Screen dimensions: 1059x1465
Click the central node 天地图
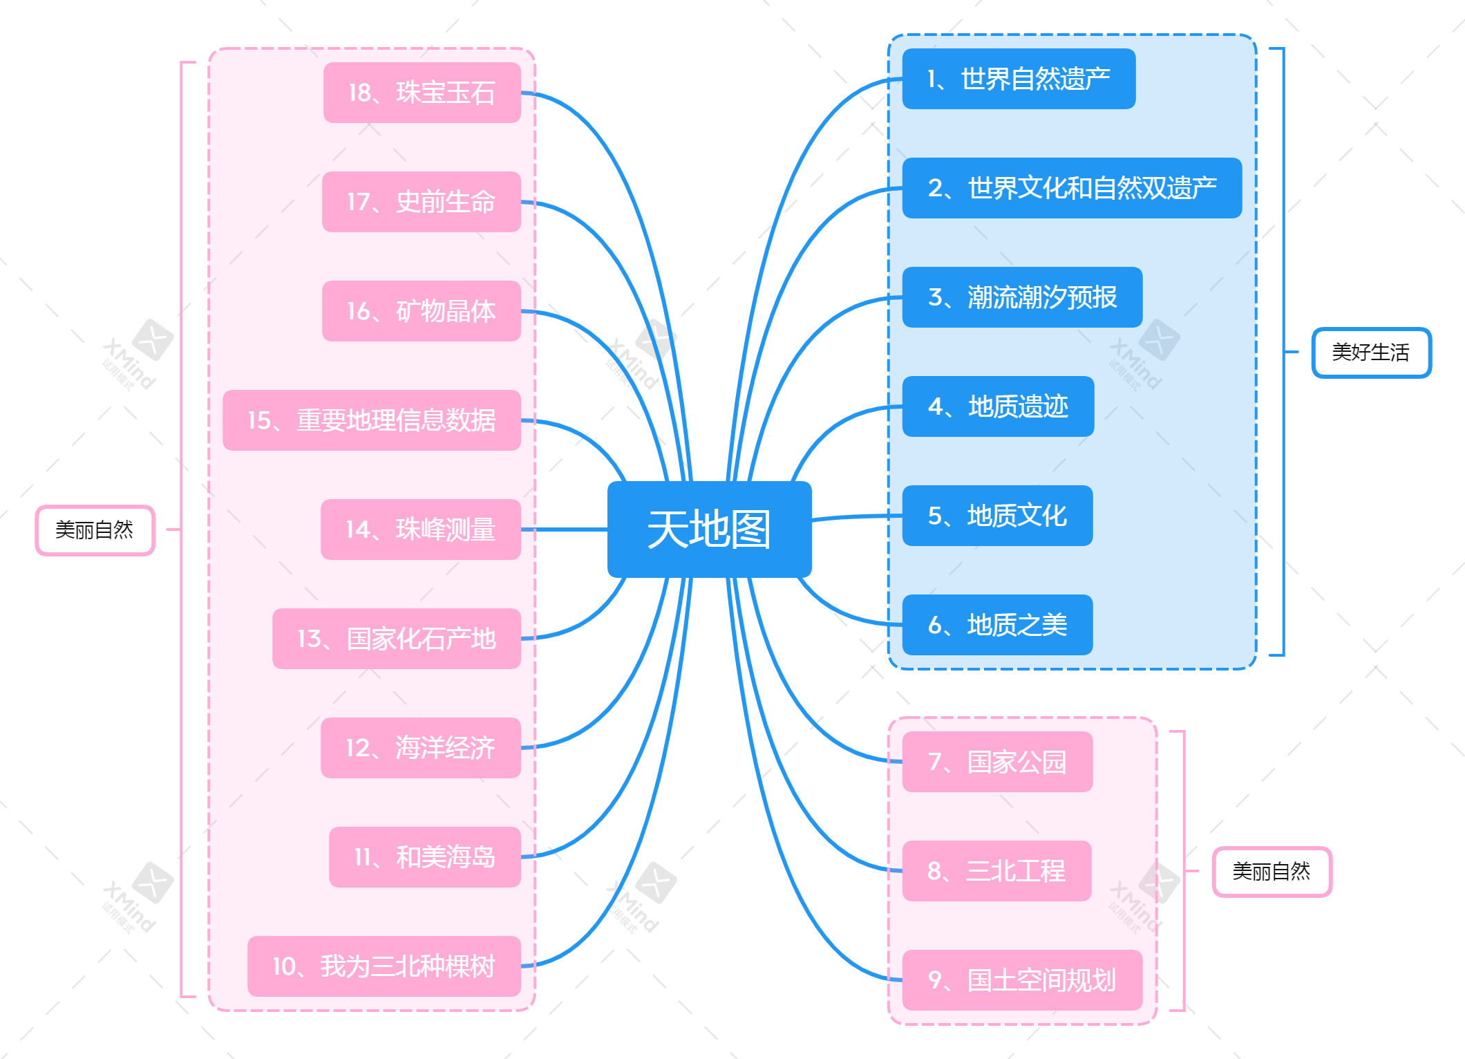[x=709, y=529]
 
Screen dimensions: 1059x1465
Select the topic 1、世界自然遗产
[x=1019, y=79]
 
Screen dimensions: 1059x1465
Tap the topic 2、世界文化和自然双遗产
[x=1072, y=188]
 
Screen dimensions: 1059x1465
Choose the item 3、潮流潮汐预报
[x=1022, y=297]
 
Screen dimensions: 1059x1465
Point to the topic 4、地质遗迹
[x=998, y=406]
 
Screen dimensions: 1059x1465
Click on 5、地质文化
[x=997, y=516]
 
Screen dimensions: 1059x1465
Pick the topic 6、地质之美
[x=997, y=625]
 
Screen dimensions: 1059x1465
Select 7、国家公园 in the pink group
[x=997, y=762]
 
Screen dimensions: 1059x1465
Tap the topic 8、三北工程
[x=996, y=871]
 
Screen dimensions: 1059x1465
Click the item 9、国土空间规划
[x=1021, y=980]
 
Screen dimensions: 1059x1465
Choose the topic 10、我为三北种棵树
[x=384, y=966]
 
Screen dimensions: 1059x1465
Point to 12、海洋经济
[x=420, y=748]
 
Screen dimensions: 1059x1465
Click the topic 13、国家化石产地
[x=397, y=639]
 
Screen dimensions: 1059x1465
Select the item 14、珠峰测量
[x=420, y=529]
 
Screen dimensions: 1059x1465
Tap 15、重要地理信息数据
[x=372, y=420]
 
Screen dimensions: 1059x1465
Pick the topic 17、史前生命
[x=421, y=202]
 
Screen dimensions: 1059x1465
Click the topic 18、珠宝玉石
[x=422, y=93]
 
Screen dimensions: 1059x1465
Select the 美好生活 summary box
[x=1371, y=353]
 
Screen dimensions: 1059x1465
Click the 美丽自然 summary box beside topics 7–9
[x=1272, y=872]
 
